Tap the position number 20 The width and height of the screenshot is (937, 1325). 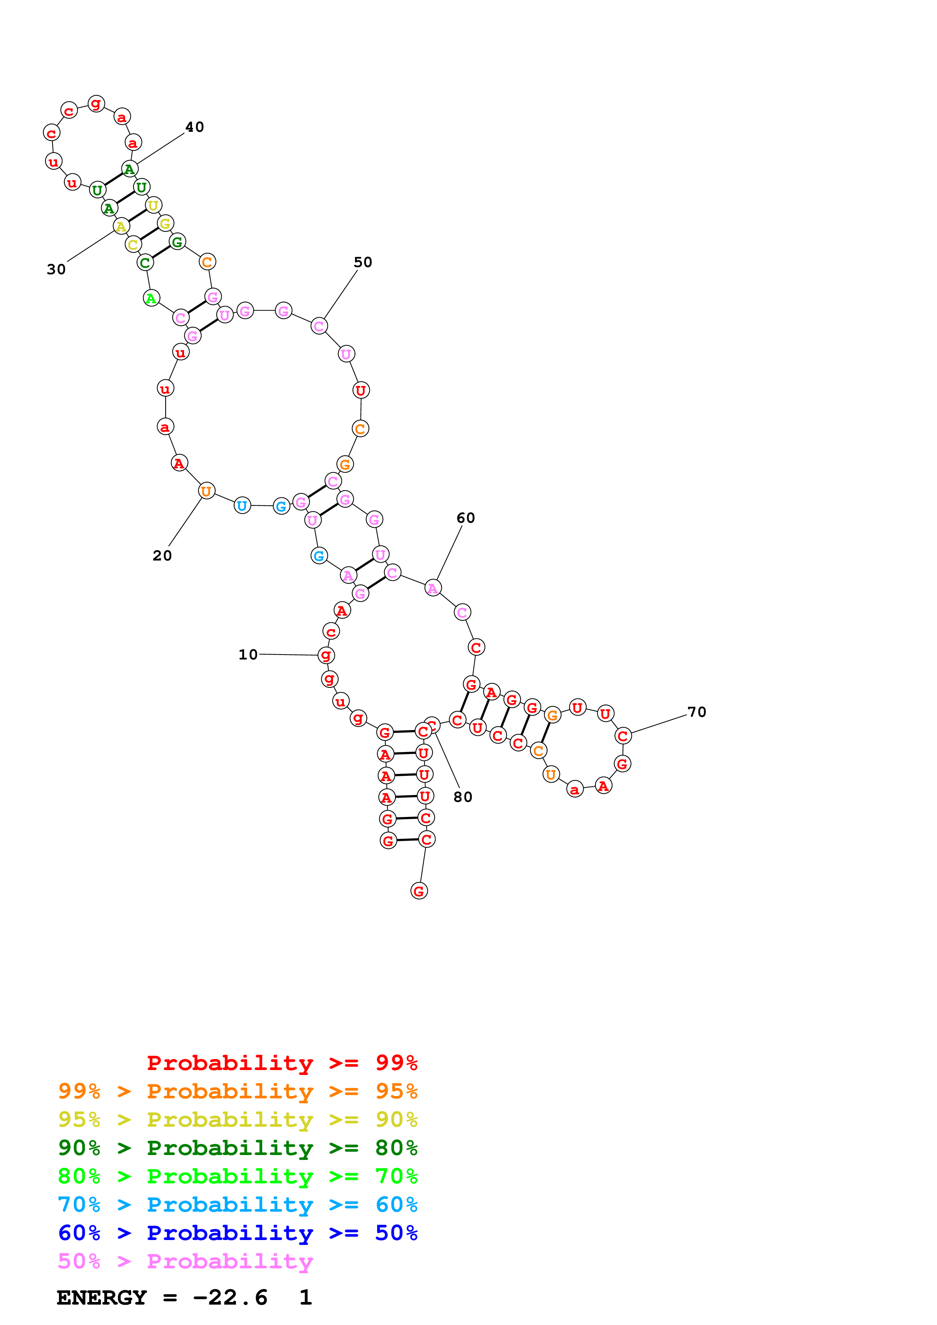coord(162,556)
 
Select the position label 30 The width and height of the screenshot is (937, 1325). coord(56,270)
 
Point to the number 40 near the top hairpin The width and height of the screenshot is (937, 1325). coord(195,127)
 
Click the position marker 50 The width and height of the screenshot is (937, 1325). coord(363,262)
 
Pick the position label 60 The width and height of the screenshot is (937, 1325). coord(466,518)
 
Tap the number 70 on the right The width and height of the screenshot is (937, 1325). coord(697,712)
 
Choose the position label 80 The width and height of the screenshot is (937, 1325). coord(463,797)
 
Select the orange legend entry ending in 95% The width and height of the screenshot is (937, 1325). coord(237,1091)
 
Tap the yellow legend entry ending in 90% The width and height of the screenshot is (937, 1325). coord(237,1120)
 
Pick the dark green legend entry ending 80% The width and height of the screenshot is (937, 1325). coord(237,1148)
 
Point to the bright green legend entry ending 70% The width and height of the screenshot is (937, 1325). coord(237,1176)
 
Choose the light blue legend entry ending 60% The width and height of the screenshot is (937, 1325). coord(237,1205)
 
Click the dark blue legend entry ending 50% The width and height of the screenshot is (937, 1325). coord(237,1233)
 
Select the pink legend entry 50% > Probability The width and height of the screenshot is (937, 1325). coord(185,1261)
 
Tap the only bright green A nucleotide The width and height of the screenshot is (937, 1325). coord(151,298)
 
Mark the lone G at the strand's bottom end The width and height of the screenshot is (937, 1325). coord(419,891)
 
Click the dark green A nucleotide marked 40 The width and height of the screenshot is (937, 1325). coord(129,169)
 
